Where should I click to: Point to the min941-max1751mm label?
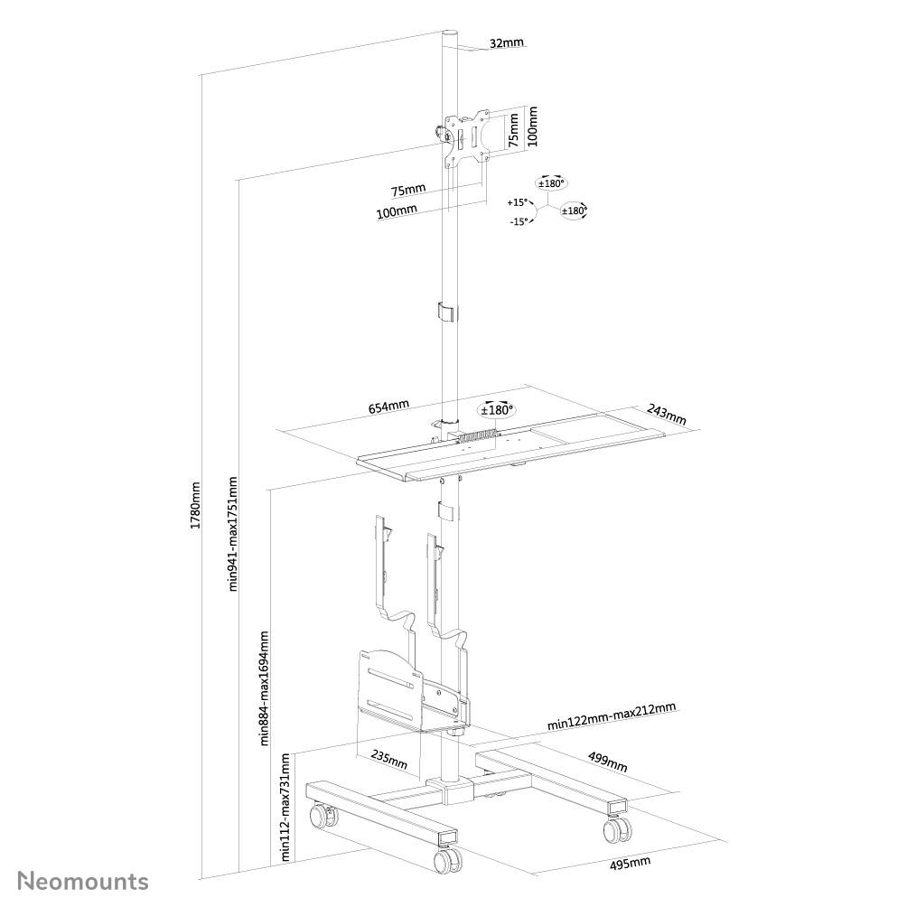click(233, 533)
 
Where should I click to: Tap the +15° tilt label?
click(517, 202)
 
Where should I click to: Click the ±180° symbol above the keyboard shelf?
click(496, 409)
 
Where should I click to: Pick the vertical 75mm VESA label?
click(513, 129)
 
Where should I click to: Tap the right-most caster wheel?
click(615, 828)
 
